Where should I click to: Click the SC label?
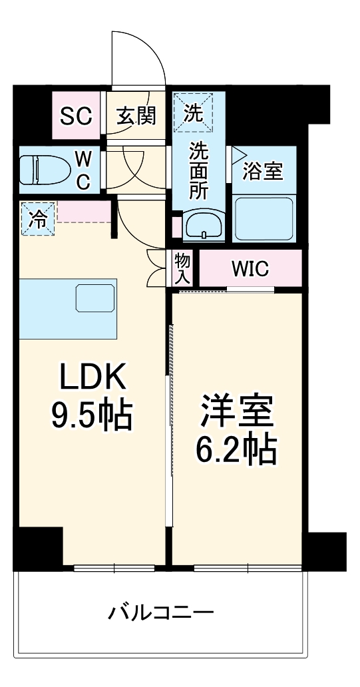tap(75, 116)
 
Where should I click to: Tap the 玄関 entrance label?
tap(136, 116)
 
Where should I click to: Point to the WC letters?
tap(83, 170)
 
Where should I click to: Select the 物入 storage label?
tap(183, 269)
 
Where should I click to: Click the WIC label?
tap(250, 270)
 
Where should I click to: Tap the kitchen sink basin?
tap(95, 298)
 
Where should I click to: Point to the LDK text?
tap(92, 379)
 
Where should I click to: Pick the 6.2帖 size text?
tap(236, 451)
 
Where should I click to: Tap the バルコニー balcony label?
tap(161, 612)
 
